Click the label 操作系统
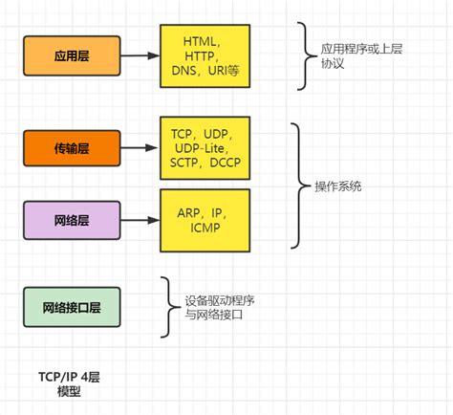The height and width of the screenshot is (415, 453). [340, 185]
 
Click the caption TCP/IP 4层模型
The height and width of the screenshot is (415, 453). [68, 384]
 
